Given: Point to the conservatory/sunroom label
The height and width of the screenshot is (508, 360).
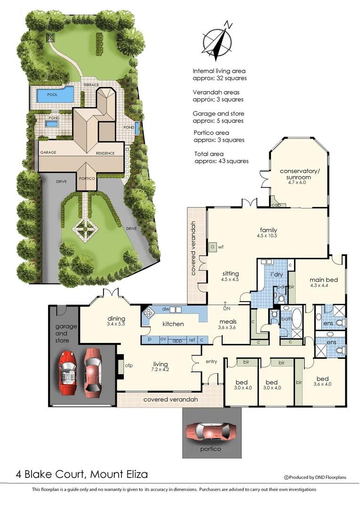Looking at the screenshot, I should (296, 174).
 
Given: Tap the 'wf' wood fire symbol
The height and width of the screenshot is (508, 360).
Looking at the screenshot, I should (220, 246).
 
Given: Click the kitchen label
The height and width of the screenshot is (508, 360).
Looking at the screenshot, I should (173, 324).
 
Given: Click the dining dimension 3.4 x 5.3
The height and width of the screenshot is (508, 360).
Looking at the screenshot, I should (116, 324).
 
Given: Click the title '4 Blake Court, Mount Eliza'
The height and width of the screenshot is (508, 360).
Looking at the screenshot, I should (78, 474).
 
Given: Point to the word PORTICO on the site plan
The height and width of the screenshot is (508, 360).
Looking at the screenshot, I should (87, 179).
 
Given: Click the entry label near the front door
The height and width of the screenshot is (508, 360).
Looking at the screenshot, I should (212, 361).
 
